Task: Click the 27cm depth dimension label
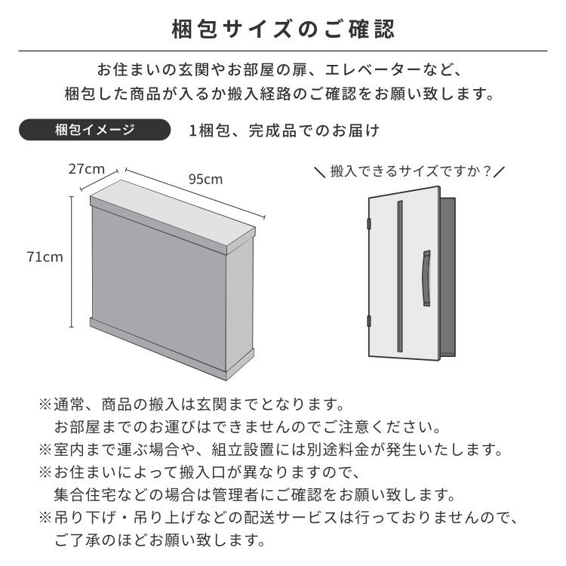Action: tap(87, 169)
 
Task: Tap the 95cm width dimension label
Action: tap(206, 180)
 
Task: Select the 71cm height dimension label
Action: tap(45, 257)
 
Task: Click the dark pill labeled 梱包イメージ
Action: tap(94, 130)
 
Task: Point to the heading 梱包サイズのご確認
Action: tap(283, 29)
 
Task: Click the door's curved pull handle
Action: tap(426, 278)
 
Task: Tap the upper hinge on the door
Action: tap(369, 224)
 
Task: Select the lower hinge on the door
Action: tap(369, 321)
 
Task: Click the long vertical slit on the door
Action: tap(400, 276)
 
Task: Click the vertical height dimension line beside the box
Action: tap(72, 262)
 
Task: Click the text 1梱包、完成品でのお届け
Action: tap(284, 131)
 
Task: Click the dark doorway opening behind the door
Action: tap(448, 277)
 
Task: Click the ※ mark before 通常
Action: tap(45, 405)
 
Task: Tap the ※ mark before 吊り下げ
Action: tap(45, 518)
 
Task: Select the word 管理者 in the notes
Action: tap(236, 495)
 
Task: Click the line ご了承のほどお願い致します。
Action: tap(160, 540)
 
